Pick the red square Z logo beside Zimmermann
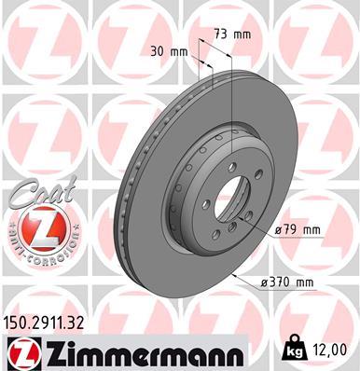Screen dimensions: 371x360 coord(21,350)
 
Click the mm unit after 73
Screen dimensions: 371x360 coord(243,34)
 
